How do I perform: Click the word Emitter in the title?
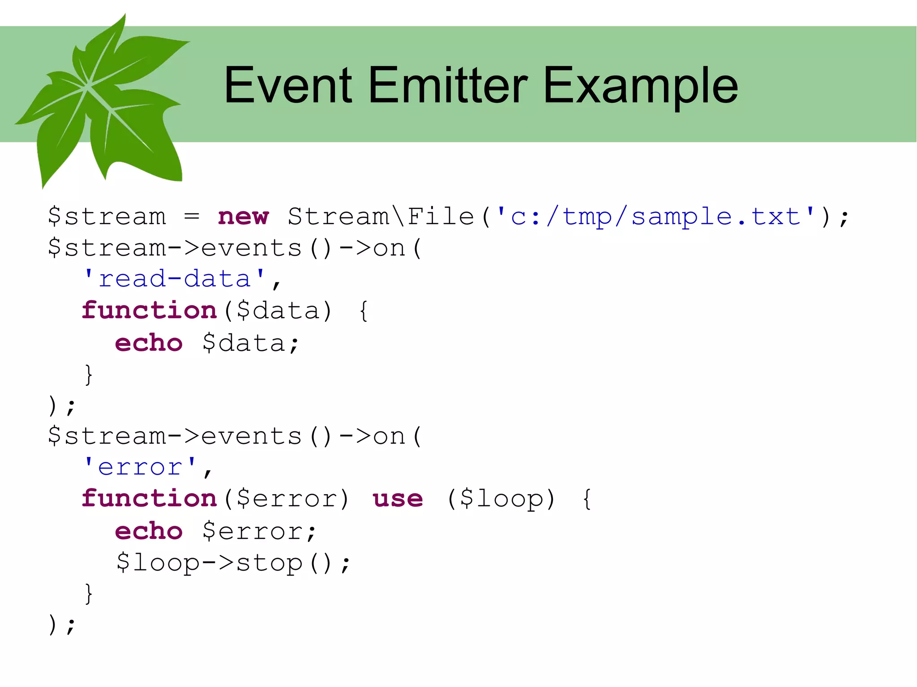[448, 85]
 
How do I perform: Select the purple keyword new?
[243, 217]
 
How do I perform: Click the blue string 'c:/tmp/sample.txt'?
[656, 217]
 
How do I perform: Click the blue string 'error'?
[140, 468]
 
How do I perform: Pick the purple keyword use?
[398, 499]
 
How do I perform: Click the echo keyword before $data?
[149, 343]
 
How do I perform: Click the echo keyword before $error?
[149, 531]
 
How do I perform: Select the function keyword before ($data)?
[149, 311]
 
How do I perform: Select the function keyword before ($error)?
[149, 499]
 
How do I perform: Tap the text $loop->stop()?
[233, 563]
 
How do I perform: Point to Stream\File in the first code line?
[381, 217]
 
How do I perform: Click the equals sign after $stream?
[192, 217]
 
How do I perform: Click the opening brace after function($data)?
[364, 311]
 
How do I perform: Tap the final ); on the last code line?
[62, 624]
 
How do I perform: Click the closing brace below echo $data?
[89, 375]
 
